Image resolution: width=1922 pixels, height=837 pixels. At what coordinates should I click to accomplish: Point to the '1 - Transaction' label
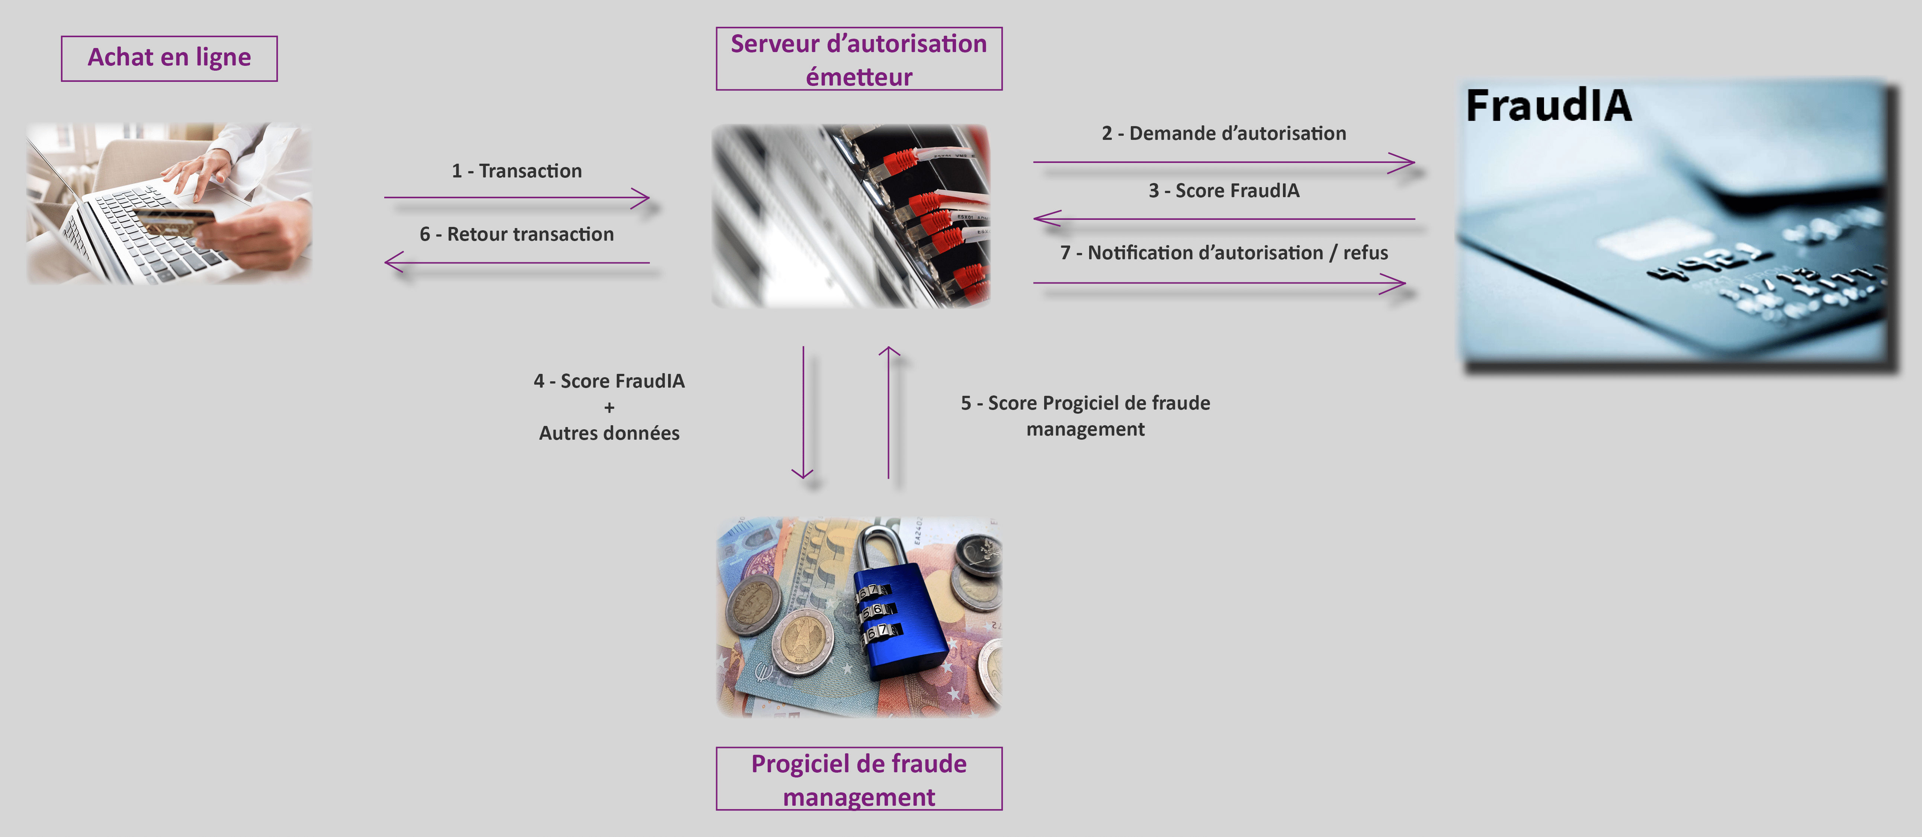[x=516, y=171]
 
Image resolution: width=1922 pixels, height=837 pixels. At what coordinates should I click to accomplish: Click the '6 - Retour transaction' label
[x=516, y=234]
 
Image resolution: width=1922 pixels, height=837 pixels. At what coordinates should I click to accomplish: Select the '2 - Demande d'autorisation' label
[x=1224, y=134]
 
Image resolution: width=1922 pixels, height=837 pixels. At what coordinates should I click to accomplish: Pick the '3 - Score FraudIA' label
[x=1224, y=191]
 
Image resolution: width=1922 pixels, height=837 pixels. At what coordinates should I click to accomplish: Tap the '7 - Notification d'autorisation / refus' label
[x=1224, y=253]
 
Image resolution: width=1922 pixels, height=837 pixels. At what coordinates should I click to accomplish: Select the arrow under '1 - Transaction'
[x=516, y=198]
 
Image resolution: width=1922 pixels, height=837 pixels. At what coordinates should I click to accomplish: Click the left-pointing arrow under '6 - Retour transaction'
[x=516, y=263]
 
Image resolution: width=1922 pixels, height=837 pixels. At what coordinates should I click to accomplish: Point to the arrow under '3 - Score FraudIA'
[x=1224, y=219]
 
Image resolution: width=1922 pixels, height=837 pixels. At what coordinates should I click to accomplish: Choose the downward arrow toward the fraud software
[x=803, y=412]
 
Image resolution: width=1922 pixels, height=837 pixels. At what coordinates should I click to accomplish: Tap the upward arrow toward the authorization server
[x=889, y=412]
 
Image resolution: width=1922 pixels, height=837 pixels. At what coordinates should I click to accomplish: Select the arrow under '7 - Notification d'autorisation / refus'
[x=1219, y=283]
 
